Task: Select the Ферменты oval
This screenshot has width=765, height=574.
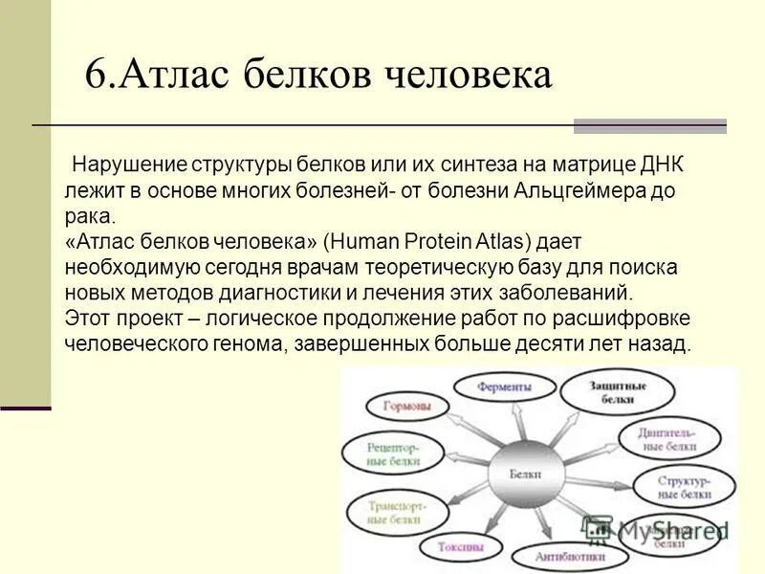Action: pos(505,387)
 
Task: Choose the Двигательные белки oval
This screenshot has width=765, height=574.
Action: pos(669,439)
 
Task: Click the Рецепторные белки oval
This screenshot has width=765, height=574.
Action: pos(381,451)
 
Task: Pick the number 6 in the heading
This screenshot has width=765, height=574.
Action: pos(95,75)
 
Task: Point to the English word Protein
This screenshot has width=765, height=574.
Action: pos(430,241)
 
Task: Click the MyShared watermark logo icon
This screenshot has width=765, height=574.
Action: pos(598,527)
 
